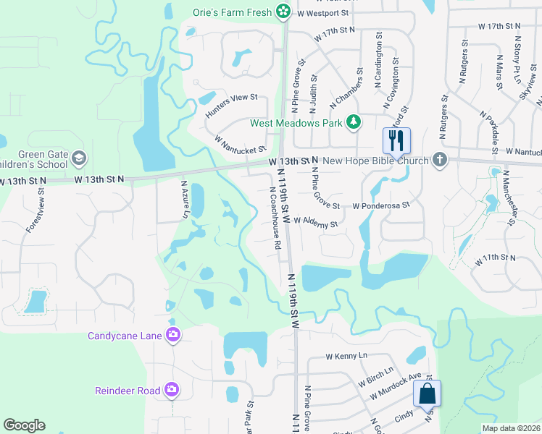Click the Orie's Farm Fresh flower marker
[x=284, y=12]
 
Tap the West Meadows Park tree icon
[x=354, y=122]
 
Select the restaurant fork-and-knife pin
[x=396, y=140]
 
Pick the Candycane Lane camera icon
[x=173, y=335]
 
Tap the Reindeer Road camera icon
[x=172, y=390]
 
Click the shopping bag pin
[x=426, y=395]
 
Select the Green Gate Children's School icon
[x=79, y=158]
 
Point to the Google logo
[x=24, y=425]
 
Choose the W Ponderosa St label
[x=381, y=205]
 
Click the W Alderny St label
[x=316, y=224]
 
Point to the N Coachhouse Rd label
[x=275, y=218]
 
